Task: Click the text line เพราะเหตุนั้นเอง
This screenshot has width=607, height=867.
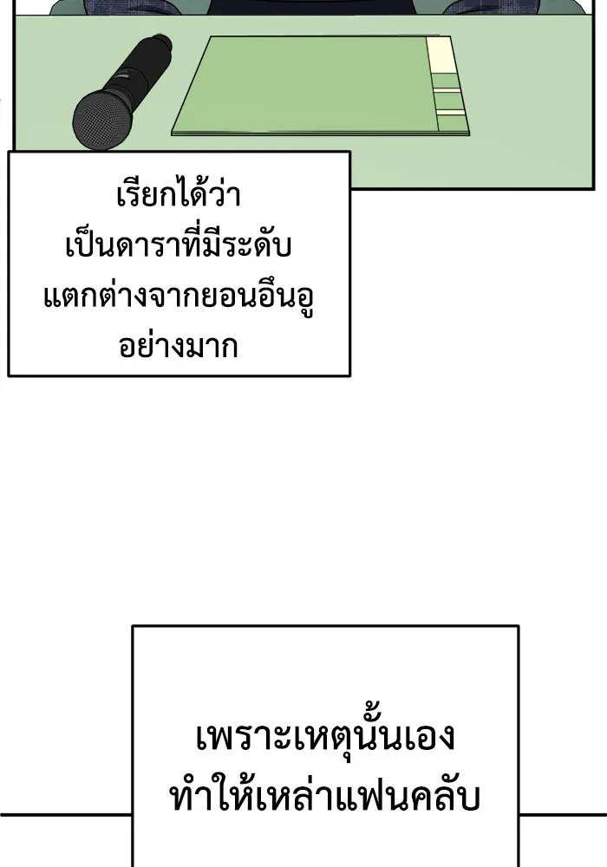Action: point(325,742)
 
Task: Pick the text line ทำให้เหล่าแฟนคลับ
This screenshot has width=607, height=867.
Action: point(325,796)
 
